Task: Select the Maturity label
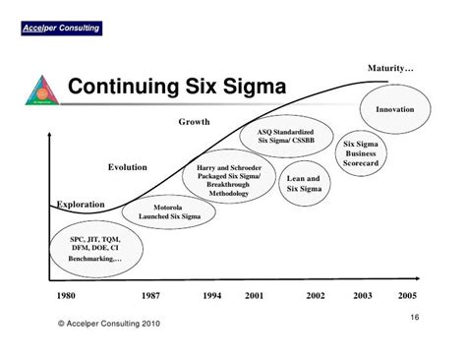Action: (390, 68)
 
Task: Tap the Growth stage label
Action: (194, 122)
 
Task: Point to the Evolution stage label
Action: (128, 167)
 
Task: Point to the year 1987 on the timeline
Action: (149, 295)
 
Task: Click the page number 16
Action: (413, 316)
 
